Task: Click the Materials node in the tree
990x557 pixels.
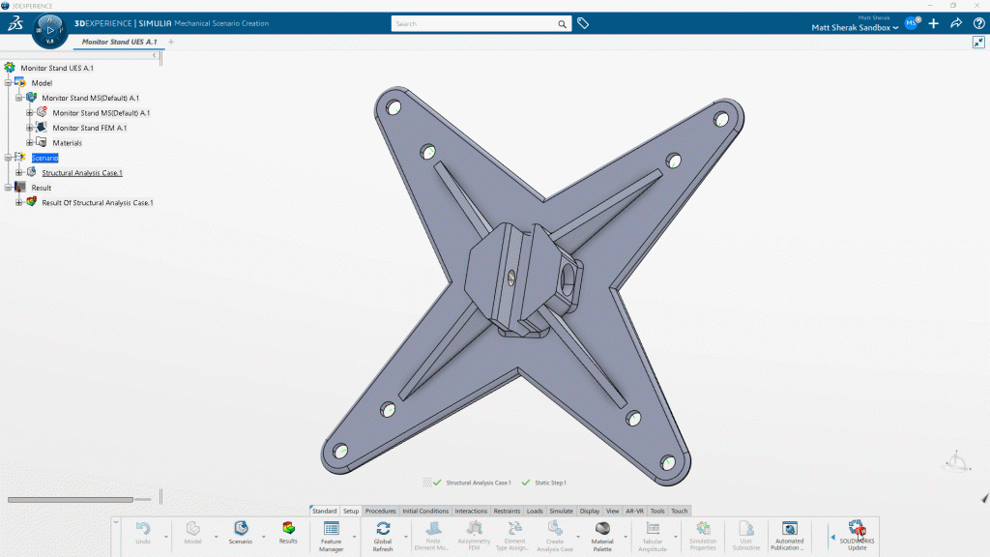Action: coord(67,143)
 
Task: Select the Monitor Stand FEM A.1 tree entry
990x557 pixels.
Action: coord(89,128)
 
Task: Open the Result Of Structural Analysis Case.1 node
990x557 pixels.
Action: coord(97,203)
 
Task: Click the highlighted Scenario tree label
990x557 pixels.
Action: coord(44,158)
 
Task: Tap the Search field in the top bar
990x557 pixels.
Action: coord(474,23)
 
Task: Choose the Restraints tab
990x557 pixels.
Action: coord(507,511)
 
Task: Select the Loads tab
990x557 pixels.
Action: coord(535,511)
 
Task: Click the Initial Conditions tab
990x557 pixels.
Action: coord(425,511)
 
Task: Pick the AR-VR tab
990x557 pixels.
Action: coord(635,511)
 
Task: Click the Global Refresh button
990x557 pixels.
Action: coord(383,534)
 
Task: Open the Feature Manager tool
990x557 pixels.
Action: coord(332,534)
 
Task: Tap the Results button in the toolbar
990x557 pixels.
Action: coord(288,533)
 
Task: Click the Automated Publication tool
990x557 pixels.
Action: coord(790,534)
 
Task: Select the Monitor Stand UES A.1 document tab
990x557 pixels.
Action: coord(119,43)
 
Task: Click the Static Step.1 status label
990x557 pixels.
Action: coord(550,482)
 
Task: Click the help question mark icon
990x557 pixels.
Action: coord(977,23)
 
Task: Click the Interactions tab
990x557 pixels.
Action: coord(471,511)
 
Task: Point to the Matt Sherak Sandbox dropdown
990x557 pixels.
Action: coord(855,28)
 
